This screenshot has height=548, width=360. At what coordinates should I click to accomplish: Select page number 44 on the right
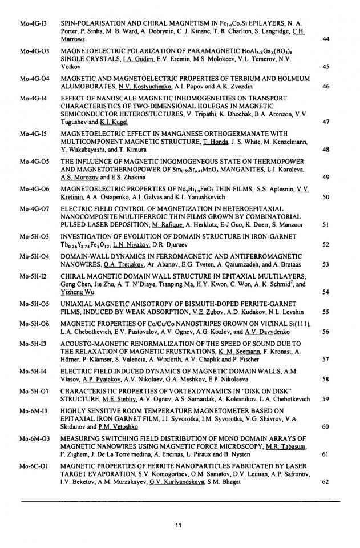(x=326, y=39)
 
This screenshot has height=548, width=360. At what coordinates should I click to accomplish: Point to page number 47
(x=326, y=122)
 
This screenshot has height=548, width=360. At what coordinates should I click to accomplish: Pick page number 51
(x=326, y=224)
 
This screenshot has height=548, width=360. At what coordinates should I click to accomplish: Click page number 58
(x=326, y=379)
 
